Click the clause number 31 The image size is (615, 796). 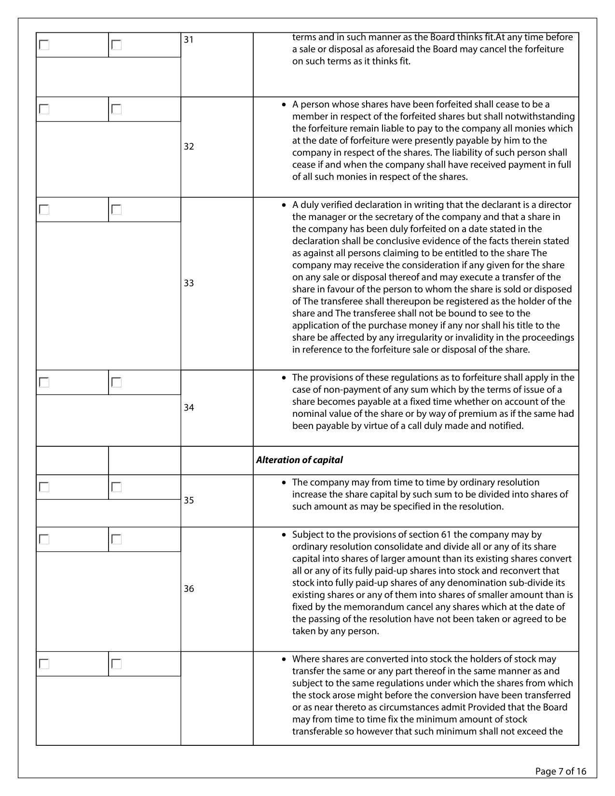click(x=189, y=40)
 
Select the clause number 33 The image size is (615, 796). click(x=189, y=283)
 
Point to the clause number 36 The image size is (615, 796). click(x=189, y=589)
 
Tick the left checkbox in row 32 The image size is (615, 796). click(x=44, y=110)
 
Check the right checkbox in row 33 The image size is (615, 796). click(x=117, y=210)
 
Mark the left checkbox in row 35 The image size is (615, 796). click(x=44, y=487)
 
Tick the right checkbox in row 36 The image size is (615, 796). click(x=117, y=539)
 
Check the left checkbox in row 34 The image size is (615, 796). click(x=44, y=383)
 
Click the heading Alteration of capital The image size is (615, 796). click(x=299, y=460)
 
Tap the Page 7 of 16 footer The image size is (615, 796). click(x=560, y=771)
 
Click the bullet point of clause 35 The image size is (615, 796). click(x=285, y=482)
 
